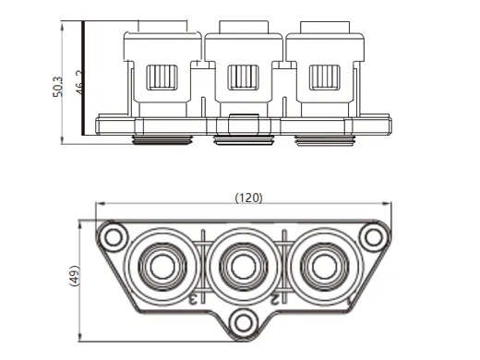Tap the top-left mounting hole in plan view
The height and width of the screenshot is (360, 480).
tap(114, 236)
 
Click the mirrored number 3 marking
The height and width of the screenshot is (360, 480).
tap(196, 298)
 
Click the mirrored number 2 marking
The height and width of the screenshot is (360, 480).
tap(276, 298)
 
